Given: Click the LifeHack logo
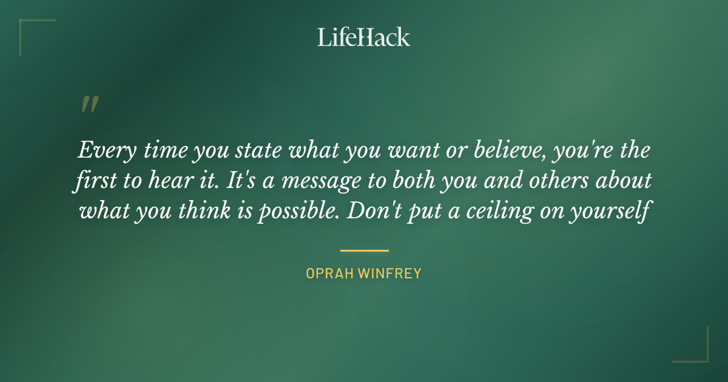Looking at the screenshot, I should (364, 37).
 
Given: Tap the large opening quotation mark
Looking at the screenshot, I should (89, 105).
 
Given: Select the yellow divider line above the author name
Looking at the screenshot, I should (364, 250).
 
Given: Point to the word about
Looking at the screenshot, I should (625, 181).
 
